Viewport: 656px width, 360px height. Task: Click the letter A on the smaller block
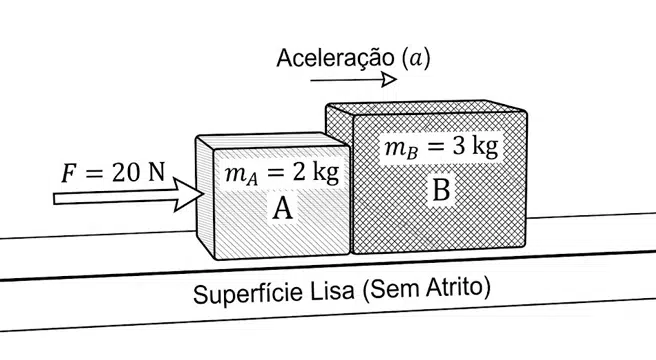coord(282,208)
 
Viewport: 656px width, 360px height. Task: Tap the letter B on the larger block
coord(441,190)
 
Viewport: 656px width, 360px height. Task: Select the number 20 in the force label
coord(126,172)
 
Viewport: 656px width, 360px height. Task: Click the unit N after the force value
coord(156,172)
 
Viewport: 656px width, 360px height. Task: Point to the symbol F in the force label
coord(69,173)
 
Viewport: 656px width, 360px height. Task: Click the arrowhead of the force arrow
coord(188,195)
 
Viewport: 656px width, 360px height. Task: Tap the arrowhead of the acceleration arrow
coord(390,80)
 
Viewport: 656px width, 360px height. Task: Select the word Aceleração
coord(335,58)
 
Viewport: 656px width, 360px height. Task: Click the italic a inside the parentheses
coord(415,59)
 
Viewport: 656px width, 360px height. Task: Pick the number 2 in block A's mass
coord(299,172)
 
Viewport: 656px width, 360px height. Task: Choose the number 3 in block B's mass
coord(459,146)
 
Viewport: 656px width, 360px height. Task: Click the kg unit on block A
coord(325,172)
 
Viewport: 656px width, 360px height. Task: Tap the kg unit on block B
coord(485,147)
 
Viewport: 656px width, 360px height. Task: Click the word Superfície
coord(248,293)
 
